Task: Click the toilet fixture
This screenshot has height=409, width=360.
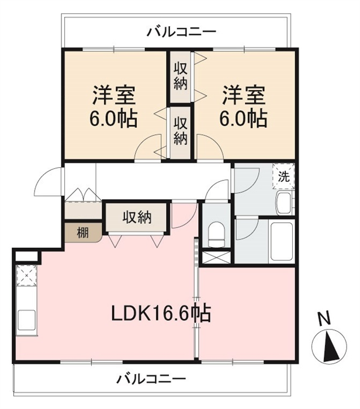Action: [217, 234]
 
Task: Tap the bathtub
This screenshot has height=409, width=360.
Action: [281, 241]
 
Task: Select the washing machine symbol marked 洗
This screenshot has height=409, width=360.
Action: [283, 176]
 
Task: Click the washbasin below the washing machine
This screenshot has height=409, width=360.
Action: [285, 203]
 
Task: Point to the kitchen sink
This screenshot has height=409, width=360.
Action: [26, 320]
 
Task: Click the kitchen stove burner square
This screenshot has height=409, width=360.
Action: [26, 275]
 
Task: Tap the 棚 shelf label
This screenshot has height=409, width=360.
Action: [83, 233]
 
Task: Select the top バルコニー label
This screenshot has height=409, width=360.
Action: [182, 32]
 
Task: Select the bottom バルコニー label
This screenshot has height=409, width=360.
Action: [151, 379]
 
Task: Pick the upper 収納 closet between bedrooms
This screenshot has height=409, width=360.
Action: [181, 77]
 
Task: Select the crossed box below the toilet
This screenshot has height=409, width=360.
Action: [216, 257]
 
